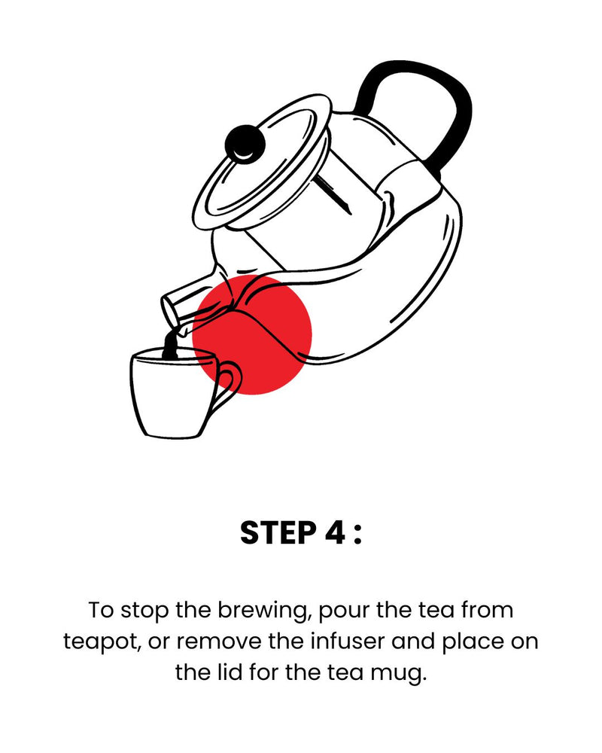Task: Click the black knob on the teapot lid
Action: click(245, 144)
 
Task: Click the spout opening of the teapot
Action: click(170, 311)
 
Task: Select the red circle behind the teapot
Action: click(252, 335)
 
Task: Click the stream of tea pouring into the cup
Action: click(170, 344)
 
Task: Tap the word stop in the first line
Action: click(144, 611)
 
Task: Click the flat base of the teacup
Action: click(173, 435)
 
